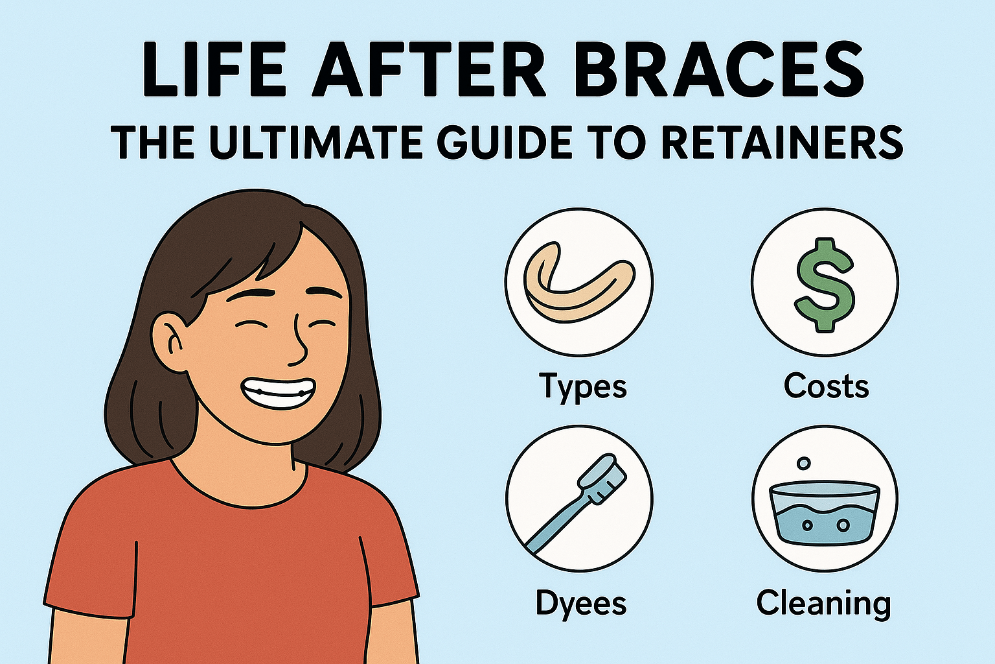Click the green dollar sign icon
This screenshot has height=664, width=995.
pos(825,284)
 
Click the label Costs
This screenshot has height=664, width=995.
pos(826,386)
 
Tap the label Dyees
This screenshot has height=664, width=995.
pos(580,604)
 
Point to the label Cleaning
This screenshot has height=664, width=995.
pos(823,604)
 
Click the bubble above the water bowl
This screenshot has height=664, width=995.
pos(804,464)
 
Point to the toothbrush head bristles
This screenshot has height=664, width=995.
pos(606,477)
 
